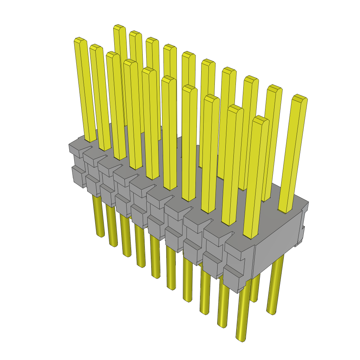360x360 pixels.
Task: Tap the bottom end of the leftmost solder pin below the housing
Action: (x=101, y=234)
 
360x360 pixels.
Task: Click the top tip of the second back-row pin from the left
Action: (x=135, y=33)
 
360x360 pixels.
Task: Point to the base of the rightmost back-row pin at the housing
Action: (x=285, y=211)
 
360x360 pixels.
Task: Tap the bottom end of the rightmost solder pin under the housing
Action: (x=271, y=311)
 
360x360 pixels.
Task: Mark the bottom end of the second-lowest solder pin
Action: (x=222, y=325)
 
